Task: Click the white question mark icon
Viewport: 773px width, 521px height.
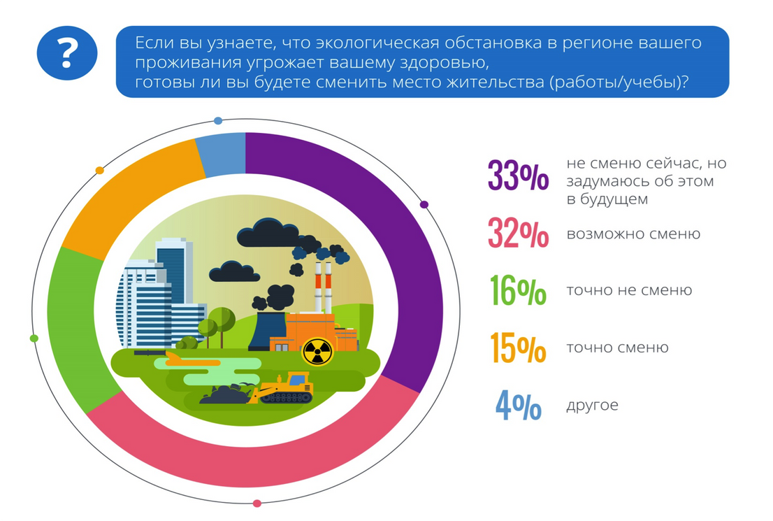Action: (x=67, y=53)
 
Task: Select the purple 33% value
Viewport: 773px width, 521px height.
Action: (x=518, y=175)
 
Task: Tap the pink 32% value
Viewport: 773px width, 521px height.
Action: (x=518, y=232)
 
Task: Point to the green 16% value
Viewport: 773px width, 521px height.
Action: (x=518, y=290)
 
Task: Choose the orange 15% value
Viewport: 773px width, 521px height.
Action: (x=518, y=348)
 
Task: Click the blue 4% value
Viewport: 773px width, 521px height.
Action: (x=518, y=405)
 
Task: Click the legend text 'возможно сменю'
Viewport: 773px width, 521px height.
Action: (x=633, y=234)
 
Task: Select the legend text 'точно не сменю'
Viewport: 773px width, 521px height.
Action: (x=629, y=290)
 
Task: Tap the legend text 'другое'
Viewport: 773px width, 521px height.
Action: (x=592, y=406)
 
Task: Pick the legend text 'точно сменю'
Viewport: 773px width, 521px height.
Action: (x=617, y=348)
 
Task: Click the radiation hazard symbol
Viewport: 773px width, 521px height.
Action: (x=317, y=351)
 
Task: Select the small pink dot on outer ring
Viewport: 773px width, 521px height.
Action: (x=257, y=504)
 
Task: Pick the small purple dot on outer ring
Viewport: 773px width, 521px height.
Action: (x=424, y=204)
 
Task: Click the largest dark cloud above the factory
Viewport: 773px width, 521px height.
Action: (x=268, y=233)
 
